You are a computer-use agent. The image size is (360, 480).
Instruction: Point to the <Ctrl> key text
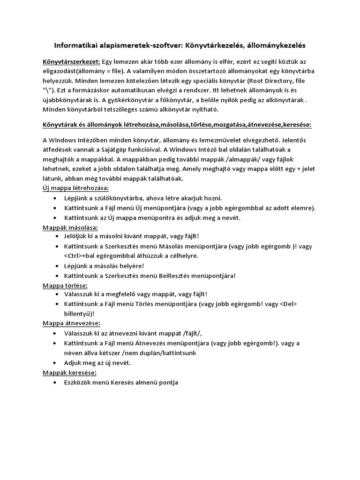73,255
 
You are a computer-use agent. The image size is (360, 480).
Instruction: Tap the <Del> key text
288,304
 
